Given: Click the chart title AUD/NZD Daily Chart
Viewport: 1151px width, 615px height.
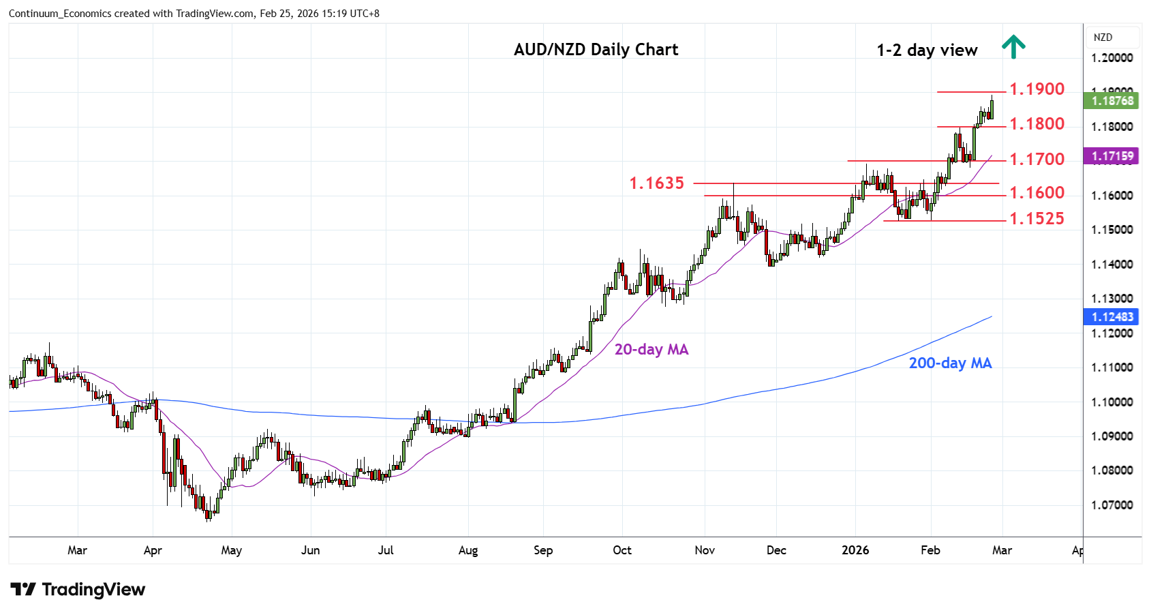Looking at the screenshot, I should pos(596,50).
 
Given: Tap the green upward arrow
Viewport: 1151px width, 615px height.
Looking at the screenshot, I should pos(1013,46).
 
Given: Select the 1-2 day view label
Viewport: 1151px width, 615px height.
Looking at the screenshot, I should pos(927,50).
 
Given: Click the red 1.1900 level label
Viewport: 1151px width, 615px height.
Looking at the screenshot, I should pos(1037,89).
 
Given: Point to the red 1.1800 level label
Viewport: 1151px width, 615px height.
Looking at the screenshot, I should pos(1037,124).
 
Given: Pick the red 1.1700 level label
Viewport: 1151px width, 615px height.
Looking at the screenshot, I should pos(1037,160).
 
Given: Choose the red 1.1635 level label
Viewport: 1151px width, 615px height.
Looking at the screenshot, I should pos(656,183).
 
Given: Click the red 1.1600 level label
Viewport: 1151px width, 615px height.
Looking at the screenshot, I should pos(1037,193).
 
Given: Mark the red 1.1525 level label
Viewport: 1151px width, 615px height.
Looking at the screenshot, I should pos(1037,219).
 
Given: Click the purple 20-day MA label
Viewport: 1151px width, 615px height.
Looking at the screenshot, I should pos(651,350).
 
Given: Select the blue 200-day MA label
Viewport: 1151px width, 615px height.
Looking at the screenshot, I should pos(950,363).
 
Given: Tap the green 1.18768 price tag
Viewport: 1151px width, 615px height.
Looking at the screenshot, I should pos(1112,101).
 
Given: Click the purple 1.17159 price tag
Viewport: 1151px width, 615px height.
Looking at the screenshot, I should pos(1112,156).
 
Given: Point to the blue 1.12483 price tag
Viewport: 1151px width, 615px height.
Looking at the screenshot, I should pos(1112,317).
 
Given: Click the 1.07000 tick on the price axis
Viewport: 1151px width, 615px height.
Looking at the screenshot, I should pos(1112,505).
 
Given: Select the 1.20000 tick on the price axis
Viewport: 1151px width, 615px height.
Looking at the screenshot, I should pos(1112,58).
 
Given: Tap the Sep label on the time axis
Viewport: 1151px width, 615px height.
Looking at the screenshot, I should pos(543,550).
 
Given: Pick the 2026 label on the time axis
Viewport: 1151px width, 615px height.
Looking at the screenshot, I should pos(855,550).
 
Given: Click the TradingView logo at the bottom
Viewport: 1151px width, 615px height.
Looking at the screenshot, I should pos(78,590).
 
